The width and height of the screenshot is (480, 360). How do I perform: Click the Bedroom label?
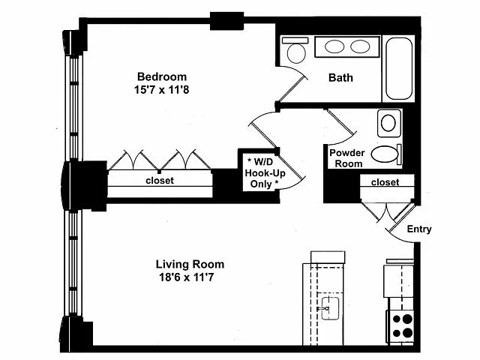(161, 76)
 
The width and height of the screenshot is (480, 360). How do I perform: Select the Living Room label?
(190, 264)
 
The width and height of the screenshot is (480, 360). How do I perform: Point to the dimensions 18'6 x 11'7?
(190, 277)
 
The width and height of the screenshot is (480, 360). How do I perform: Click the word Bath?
(340, 77)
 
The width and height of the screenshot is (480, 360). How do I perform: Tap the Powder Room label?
(347, 158)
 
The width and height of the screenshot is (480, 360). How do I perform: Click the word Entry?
(418, 229)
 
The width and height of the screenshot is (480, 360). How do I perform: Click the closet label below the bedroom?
(159, 181)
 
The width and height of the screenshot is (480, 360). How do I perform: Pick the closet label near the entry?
(385, 182)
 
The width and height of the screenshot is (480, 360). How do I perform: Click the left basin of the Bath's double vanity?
(335, 47)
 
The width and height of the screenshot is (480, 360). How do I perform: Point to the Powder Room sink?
(388, 122)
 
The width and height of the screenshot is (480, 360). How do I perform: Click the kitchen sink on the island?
(328, 307)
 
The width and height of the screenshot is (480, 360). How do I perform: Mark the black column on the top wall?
(226, 21)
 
